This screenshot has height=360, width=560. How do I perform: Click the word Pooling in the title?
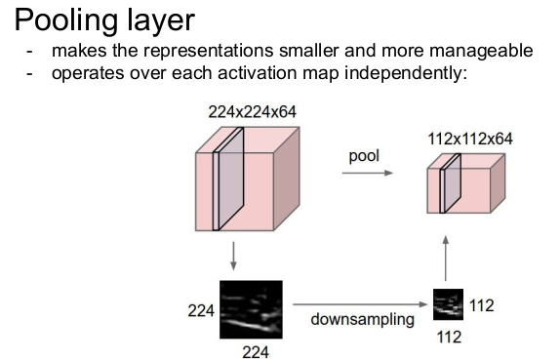[x=66, y=21]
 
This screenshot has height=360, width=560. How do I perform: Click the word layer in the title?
[x=161, y=21]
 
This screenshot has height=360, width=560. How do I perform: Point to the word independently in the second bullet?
[x=406, y=73]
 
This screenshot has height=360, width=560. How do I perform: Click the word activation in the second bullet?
[x=257, y=73]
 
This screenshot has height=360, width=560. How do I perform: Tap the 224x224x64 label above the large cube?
[x=252, y=112]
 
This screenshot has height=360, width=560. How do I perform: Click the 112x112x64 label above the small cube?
[x=470, y=139]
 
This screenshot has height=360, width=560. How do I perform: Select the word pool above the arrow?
[x=364, y=156]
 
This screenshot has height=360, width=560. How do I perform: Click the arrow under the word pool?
[x=368, y=173]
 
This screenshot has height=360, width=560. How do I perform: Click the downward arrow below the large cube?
[x=233, y=256]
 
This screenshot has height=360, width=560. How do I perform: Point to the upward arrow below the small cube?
[x=445, y=259]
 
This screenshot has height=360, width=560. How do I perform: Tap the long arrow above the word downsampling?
[x=360, y=304]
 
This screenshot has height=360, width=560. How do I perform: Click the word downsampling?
[x=363, y=319]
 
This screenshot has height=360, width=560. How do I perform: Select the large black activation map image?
[x=251, y=309]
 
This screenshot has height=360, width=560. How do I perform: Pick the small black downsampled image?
[x=448, y=304]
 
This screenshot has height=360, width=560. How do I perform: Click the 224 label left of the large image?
[x=201, y=310]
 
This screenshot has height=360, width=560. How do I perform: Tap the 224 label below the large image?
[x=256, y=352]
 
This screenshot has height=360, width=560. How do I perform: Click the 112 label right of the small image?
[x=481, y=305]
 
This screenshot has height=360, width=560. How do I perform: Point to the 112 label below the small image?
[x=449, y=337]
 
